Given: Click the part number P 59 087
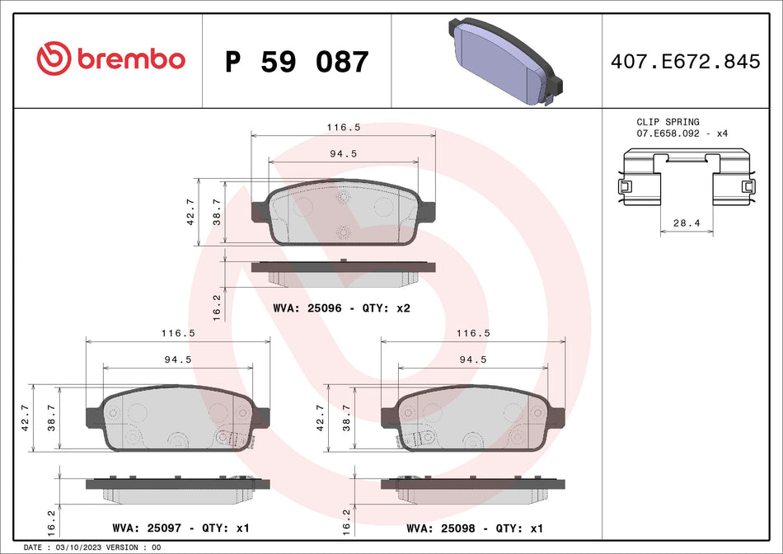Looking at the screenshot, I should [x=297, y=62].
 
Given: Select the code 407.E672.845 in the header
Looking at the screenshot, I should [x=684, y=61].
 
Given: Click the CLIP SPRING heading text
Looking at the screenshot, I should [x=668, y=122].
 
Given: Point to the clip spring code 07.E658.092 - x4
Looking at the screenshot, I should [x=682, y=133].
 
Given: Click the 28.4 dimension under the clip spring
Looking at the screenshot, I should [x=687, y=223].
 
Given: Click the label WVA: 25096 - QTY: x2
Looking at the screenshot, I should [x=341, y=308].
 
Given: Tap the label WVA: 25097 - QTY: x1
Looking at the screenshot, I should [x=180, y=528].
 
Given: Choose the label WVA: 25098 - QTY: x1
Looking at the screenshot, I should [x=475, y=528].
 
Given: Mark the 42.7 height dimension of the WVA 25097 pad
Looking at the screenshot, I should [x=26, y=417].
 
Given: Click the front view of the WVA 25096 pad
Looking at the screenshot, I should [x=344, y=216].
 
